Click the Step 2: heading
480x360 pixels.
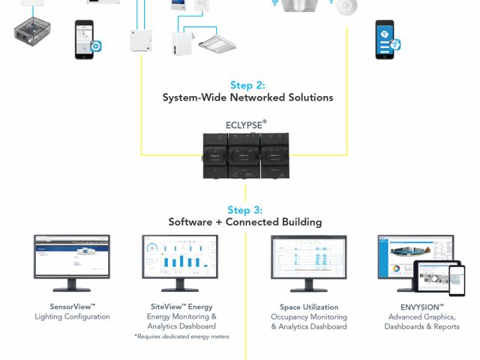tap(247, 85)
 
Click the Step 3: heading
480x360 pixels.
tap(245, 210)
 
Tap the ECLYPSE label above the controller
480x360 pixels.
tap(246, 124)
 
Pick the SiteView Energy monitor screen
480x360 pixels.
tap(180, 256)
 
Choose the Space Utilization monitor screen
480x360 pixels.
tap(309, 256)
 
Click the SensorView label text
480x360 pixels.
tap(72, 307)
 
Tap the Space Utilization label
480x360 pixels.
tap(309, 307)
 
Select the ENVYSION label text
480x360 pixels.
tap(421, 307)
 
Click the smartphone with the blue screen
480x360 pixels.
tap(385, 39)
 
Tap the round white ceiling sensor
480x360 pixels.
tap(346, 7)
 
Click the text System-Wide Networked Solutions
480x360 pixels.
tap(247, 97)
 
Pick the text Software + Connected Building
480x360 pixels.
tap(245, 222)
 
